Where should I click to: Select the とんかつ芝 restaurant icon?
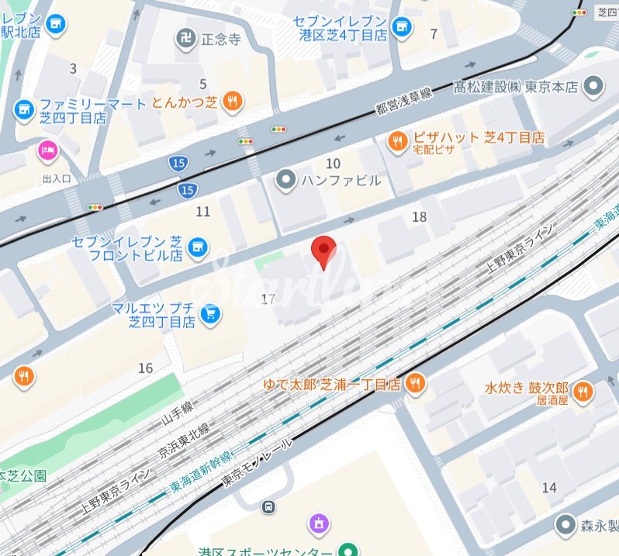click(x=232, y=101)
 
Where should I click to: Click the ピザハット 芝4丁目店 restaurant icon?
click(x=396, y=140)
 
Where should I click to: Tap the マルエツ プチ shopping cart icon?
click(x=209, y=314)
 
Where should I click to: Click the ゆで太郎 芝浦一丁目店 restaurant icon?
click(x=416, y=383)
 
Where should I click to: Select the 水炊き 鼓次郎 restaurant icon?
click(x=583, y=391)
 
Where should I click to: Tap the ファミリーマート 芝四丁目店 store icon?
click(x=23, y=109)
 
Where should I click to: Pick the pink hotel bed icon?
click(x=48, y=150)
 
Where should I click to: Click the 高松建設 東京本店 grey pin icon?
click(x=594, y=87)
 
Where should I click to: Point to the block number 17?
click(x=269, y=299)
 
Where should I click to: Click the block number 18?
click(x=419, y=217)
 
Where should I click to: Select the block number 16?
click(x=145, y=368)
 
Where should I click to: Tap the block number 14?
click(x=549, y=487)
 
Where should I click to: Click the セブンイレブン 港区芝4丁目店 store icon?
click(x=401, y=28)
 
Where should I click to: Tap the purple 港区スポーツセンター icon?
click(x=318, y=524)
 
